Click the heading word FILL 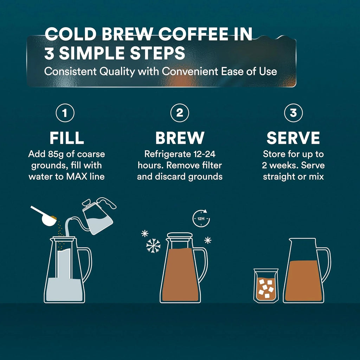[x=66, y=138]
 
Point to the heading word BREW [x=180, y=138]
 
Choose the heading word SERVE [x=293, y=138]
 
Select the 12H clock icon [x=201, y=219]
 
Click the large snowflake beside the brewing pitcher [x=153, y=245]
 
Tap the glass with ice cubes [x=265, y=285]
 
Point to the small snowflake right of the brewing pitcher [x=208, y=240]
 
